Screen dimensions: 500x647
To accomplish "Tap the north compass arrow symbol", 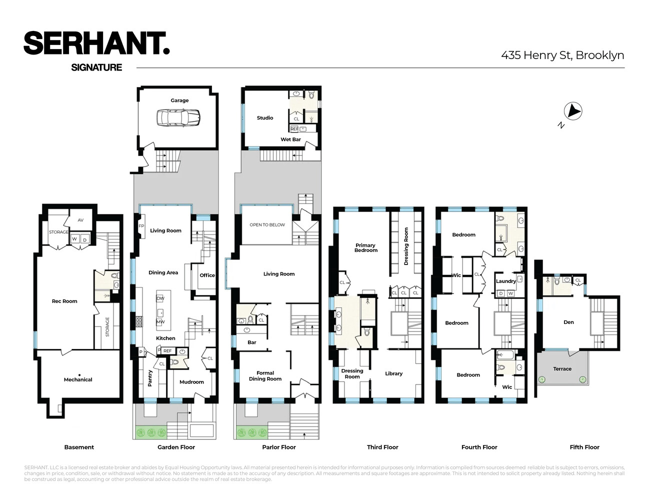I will [x=573, y=111].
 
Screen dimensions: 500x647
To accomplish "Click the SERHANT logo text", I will [x=96, y=43].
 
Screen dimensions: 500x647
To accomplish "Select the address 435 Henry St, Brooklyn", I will [x=562, y=55].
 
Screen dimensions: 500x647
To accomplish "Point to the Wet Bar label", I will [x=290, y=139].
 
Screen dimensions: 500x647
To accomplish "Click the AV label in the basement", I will [x=80, y=220].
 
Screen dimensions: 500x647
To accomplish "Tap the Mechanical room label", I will [x=78, y=379].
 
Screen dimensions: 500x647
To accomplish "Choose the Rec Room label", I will [x=64, y=301].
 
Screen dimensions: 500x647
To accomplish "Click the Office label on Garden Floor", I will [x=207, y=275].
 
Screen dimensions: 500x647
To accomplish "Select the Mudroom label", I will [x=191, y=382].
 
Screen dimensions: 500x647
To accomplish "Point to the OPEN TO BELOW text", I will [x=267, y=225].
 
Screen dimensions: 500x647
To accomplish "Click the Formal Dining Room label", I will [x=265, y=376].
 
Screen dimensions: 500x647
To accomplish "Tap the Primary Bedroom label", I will [x=365, y=247].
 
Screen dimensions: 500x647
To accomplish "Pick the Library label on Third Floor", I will [x=393, y=373].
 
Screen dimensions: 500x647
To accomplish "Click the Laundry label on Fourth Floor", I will [x=505, y=281].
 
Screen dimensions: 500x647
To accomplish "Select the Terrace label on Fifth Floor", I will [x=562, y=369].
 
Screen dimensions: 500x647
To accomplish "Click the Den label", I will [x=568, y=322].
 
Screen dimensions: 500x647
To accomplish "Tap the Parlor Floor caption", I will [x=279, y=447].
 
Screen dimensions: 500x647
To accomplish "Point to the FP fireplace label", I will [x=141, y=226].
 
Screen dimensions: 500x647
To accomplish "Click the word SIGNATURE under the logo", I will [x=96, y=67].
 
